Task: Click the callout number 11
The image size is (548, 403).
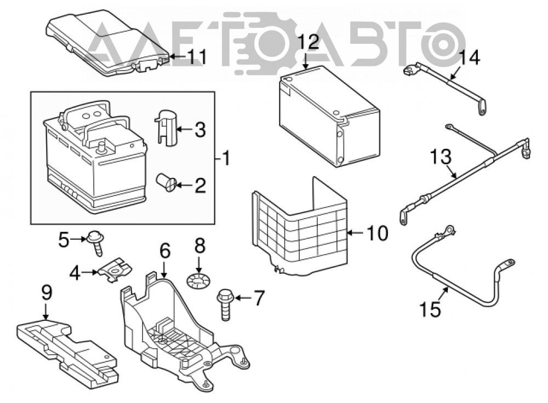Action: (197, 56)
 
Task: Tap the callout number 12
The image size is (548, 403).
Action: (309, 42)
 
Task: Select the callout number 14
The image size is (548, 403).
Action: (470, 57)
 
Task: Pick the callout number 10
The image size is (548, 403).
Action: (378, 233)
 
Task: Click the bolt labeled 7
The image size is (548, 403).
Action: (225, 304)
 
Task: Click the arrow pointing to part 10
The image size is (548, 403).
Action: (357, 233)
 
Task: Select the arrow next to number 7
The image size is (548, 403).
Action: (244, 298)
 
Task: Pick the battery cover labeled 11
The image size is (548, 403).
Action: (109, 44)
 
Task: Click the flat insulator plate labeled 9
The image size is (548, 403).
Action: (67, 351)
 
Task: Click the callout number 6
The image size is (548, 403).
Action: (165, 251)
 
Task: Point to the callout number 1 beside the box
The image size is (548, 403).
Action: (226, 158)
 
